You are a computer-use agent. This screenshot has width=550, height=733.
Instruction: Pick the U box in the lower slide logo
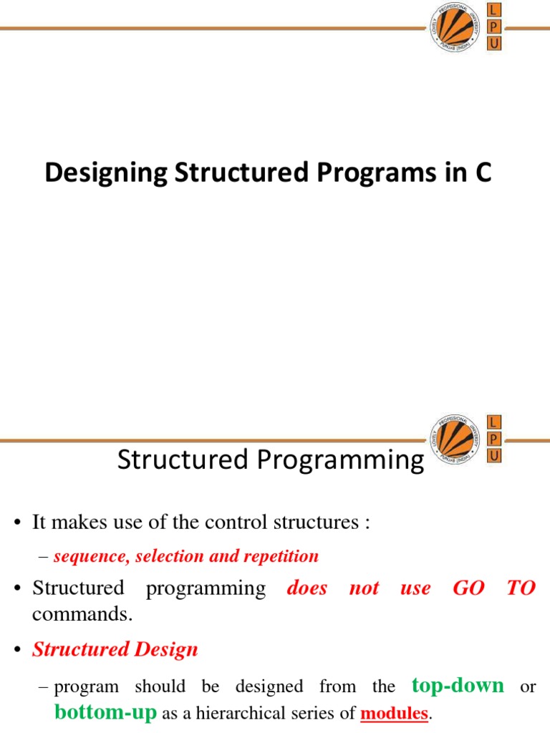coord(494,455)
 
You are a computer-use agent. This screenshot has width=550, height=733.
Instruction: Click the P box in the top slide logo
coord(494,27)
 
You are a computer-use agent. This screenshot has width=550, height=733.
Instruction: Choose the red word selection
coord(168,556)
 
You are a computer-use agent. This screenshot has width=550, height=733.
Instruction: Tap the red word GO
coord(468,588)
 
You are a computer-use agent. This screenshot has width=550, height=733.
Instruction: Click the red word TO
coord(521,588)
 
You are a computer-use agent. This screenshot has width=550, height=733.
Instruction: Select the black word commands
coord(82,613)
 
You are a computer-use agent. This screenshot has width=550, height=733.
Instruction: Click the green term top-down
coord(458,686)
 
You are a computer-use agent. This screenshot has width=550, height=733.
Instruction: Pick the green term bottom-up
coord(105,712)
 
